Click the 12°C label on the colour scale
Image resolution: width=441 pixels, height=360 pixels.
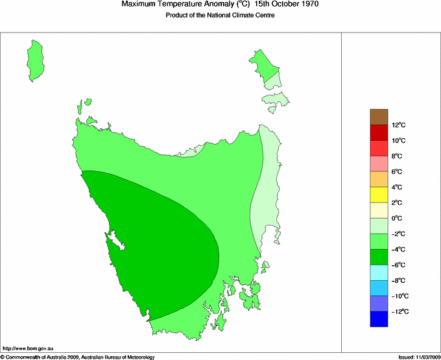[398, 125]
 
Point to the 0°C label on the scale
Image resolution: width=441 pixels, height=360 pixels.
[398, 219]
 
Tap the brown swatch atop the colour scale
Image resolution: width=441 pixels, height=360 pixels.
[379, 117]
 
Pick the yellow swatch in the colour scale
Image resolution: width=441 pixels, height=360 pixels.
[379, 195]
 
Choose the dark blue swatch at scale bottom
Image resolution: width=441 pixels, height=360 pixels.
[379, 319]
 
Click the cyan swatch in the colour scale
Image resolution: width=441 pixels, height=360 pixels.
[379, 272]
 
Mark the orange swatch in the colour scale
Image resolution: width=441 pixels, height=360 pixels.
[379, 179]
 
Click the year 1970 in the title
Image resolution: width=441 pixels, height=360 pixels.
[305, 5]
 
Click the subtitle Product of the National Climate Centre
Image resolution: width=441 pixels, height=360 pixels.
[220, 16]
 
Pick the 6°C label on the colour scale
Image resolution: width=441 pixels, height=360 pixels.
[398, 172]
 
